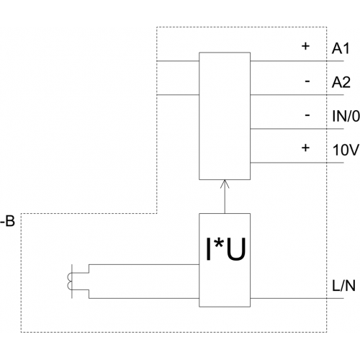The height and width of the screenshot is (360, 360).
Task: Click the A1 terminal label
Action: click(x=341, y=49)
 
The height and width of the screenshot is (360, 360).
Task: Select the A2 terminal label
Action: click(x=341, y=83)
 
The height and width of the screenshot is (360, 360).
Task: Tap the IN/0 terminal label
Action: click(x=346, y=117)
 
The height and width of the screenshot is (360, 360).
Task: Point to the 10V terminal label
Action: click(x=346, y=150)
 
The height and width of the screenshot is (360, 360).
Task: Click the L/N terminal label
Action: click(x=343, y=286)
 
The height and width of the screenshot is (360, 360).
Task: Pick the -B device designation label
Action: click(x=8, y=221)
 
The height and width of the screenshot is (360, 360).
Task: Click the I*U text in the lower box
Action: click(x=226, y=249)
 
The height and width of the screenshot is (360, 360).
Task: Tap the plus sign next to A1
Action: click(x=305, y=46)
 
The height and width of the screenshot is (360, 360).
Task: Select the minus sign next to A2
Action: click(x=307, y=81)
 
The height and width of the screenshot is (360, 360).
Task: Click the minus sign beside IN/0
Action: click(x=307, y=115)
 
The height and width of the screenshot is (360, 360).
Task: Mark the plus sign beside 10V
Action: click(x=305, y=148)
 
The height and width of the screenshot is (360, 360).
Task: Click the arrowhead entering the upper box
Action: click(x=225, y=184)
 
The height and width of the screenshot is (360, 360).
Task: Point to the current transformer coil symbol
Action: click(x=69, y=282)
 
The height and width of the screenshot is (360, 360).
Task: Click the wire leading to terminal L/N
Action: click(x=297, y=299)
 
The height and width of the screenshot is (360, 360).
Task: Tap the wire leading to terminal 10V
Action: click(x=297, y=163)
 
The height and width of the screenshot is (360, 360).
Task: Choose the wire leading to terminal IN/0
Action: click(x=297, y=129)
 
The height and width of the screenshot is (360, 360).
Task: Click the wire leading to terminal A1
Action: click(x=297, y=61)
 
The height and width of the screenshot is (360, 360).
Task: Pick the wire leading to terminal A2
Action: click(x=297, y=95)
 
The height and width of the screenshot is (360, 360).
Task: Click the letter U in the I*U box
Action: click(x=236, y=249)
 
